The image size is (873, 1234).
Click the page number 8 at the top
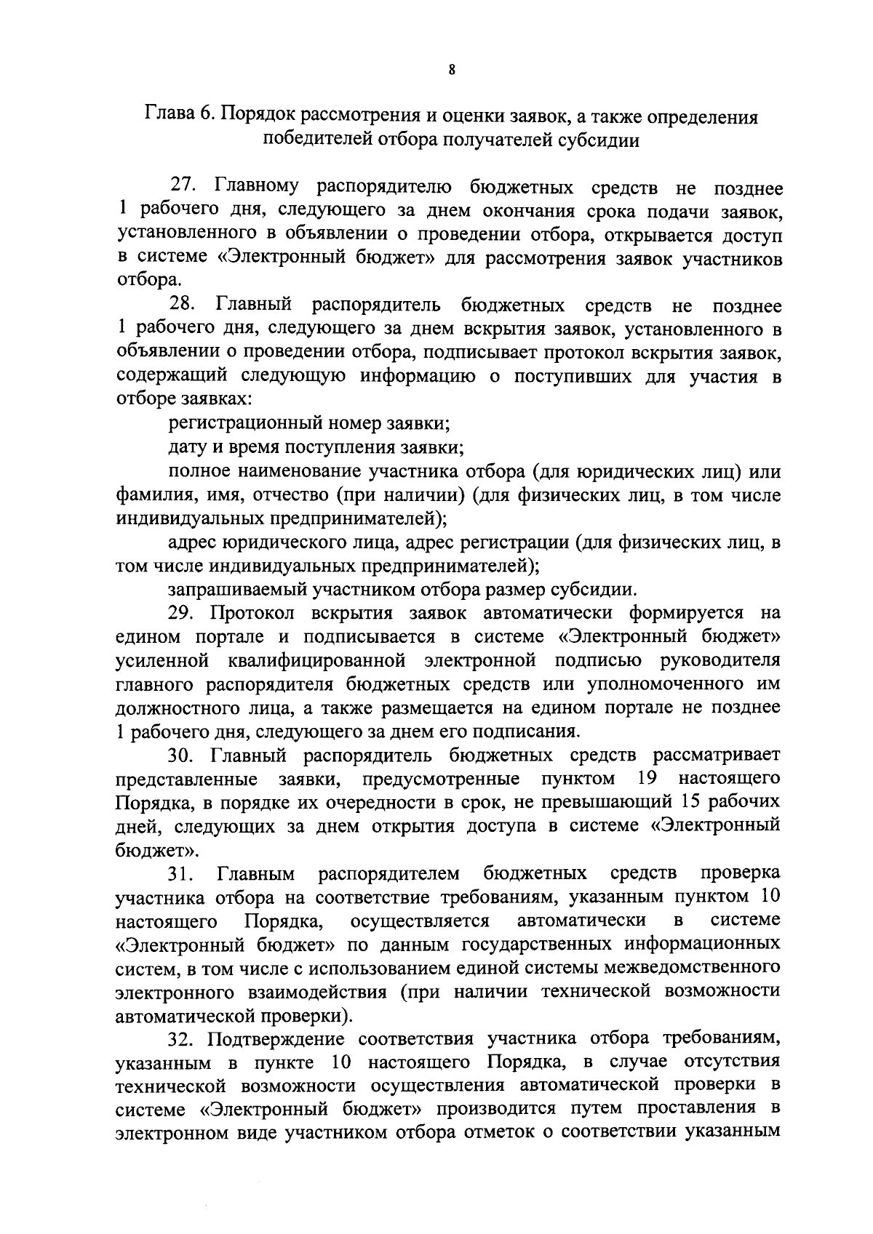[x=452, y=71]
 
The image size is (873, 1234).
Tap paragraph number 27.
[x=183, y=188]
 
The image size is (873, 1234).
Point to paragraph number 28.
[x=183, y=306]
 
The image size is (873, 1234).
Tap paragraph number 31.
[x=182, y=873]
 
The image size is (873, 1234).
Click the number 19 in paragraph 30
[x=647, y=779]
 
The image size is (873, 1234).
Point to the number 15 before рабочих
[x=692, y=802]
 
